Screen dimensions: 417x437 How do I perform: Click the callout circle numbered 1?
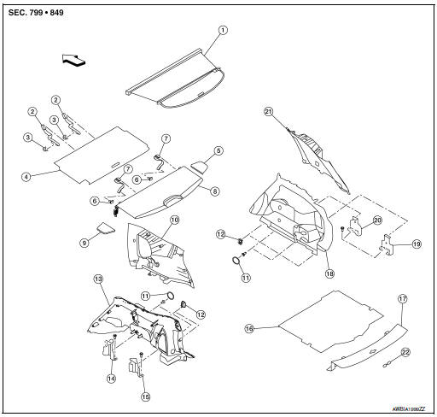(223, 30)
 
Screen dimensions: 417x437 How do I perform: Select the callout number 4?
(26, 177)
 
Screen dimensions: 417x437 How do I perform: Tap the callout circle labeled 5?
(218, 150)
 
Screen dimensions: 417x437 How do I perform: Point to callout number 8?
(214, 192)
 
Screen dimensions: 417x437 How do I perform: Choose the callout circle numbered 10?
(174, 220)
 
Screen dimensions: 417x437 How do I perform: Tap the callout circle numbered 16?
(250, 328)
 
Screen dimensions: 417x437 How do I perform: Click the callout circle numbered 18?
(328, 274)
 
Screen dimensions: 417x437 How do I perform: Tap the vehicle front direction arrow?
(75, 60)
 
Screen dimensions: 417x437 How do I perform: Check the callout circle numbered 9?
(84, 243)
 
